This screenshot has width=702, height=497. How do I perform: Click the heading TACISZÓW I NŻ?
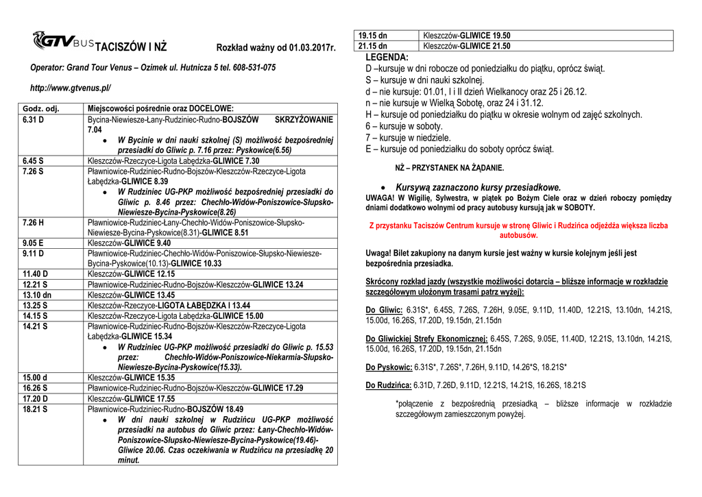pyautogui.click(x=130, y=48)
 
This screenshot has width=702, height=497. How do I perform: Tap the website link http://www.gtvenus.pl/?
pyautogui.click(x=70, y=88)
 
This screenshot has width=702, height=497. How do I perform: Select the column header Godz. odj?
pyautogui.click(x=41, y=108)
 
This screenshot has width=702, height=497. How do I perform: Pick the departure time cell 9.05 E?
pyautogui.click(x=33, y=243)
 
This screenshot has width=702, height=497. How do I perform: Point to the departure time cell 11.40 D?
pyautogui.click(x=35, y=274)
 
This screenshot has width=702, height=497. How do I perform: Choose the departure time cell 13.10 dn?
pyautogui.click(x=36, y=295)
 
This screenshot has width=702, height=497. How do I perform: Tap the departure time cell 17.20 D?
pyautogui.click(x=35, y=398)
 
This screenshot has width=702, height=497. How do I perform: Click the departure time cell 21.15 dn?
pyautogui.click(x=373, y=46)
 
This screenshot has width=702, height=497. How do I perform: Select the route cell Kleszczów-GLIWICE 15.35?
pyautogui.click(x=132, y=377)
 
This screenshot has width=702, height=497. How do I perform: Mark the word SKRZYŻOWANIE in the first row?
pyautogui.click(x=302, y=119)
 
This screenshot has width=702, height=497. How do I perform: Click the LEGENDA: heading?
pyautogui.click(x=387, y=58)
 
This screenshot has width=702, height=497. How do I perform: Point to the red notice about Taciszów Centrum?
pyautogui.click(x=518, y=230)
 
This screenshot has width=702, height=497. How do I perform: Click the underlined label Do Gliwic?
pyautogui.click(x=385, y=310)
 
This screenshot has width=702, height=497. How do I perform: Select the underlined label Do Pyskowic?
pyautogui.click(x=389, y=367)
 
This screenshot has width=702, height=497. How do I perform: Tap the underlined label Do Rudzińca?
pyautogui.click(x=389, y=385)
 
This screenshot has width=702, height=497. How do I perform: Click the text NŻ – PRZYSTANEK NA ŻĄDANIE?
pyautogui.click(x=450, y=167)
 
